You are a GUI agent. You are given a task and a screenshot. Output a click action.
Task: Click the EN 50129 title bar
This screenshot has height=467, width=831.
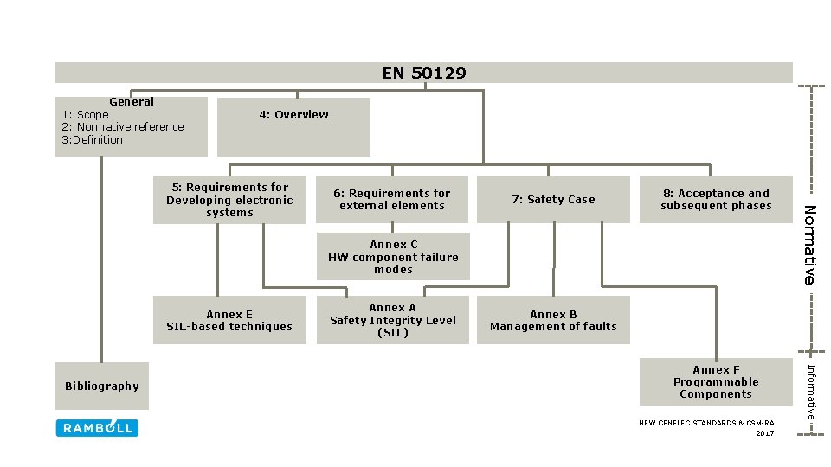424,73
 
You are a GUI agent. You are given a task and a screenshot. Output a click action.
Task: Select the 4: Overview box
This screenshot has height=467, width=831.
293,126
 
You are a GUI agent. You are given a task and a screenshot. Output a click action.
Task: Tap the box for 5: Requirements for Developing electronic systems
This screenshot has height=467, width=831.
229,200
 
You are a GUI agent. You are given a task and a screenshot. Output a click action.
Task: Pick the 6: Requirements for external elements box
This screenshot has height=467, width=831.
392,200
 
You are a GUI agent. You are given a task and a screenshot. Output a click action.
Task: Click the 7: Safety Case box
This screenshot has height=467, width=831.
553,200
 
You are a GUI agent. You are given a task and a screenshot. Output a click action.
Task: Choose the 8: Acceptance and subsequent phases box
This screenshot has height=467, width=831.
716,200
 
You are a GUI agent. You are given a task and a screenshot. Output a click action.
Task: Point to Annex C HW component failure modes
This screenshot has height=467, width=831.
393,257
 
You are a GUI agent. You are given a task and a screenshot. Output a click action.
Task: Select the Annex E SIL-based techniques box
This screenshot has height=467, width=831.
229,320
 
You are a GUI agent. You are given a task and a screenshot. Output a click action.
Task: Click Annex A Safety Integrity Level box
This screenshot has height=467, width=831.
392,320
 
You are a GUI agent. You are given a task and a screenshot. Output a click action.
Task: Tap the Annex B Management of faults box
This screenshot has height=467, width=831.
553,320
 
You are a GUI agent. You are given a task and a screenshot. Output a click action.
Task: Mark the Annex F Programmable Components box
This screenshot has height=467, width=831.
716,381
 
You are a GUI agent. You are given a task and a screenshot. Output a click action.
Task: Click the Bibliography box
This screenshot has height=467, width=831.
102,386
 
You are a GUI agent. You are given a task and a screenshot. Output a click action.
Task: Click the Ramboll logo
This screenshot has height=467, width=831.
97,428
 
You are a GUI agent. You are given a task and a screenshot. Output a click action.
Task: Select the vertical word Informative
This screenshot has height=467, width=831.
811,392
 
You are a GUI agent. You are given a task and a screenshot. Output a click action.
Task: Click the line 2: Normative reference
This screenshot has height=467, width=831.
124,127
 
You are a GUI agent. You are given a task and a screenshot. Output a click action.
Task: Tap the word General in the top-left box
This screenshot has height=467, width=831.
132,102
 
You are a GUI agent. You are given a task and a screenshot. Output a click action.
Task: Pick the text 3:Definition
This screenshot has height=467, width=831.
92,140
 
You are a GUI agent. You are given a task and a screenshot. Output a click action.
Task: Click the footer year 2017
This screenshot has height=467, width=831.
764,432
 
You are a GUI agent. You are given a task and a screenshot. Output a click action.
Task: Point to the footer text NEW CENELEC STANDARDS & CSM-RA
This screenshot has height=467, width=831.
706,423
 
